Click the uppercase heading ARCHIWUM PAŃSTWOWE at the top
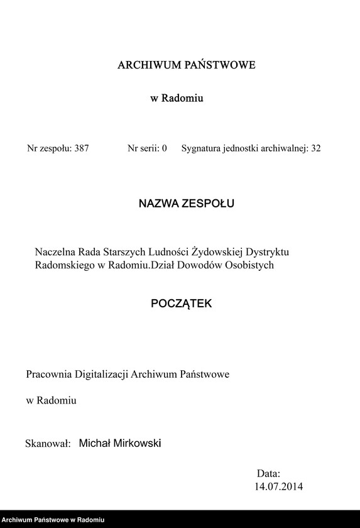(x=186, y=65)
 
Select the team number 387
(x=82, y=149)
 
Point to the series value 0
(x=164, y=149)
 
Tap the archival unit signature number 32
(x=315, y=149)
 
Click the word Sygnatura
(x=202, y=149)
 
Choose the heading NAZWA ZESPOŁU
(x=186, y=204)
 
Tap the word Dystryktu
(x=266, y=251)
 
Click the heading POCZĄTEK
(x=182, y=304)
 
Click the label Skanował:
(x=46, y=444)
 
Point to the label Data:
(x=268, y=473)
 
